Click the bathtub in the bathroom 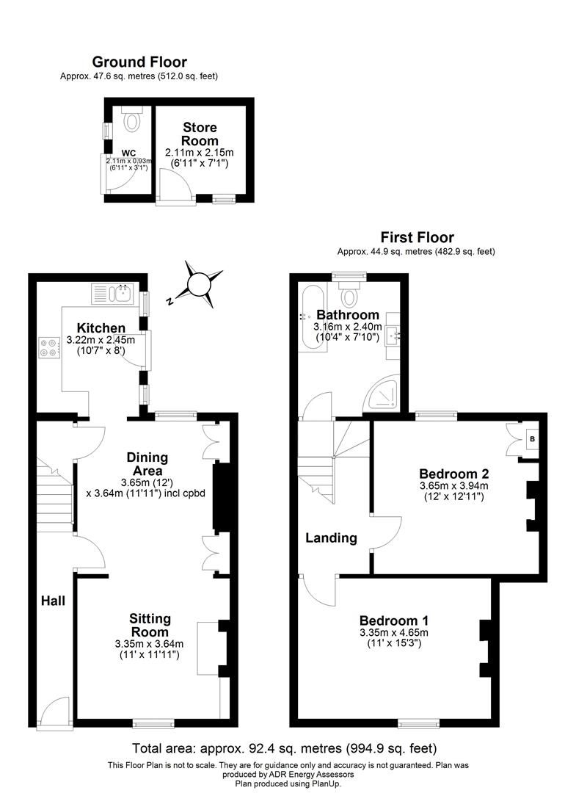[x=308, y=317]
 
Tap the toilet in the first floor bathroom [x=350, y=296]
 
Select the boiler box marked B [x=532, y=439]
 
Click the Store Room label [x=200, y=134]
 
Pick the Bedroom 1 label [x=394, y=620]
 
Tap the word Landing [x=332, y=538]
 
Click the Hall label [x=53, y=601]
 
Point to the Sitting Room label [x=150, y=625]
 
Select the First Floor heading [x=416, y=237]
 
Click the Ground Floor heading [x=139, y=62]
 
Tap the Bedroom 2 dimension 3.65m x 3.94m [x=454, y=486]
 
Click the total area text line [x=284, y=749]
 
